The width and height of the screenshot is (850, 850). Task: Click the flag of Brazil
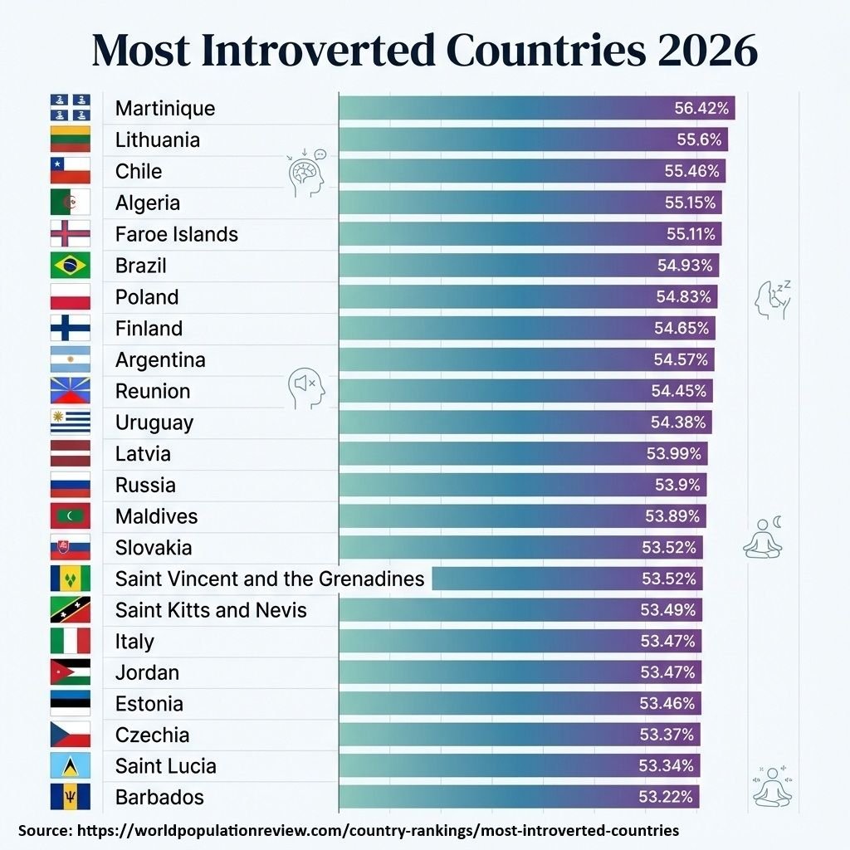pyautogui.click(x=70, y=266)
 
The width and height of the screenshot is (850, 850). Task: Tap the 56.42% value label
pyautogui.click(x=701, y=108)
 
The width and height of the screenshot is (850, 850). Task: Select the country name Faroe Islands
pyautogui.click(x=176, y=234)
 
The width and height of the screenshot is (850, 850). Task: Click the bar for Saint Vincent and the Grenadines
pyautogui.click(x=567, y=579)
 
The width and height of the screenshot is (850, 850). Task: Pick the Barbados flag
pyautogui.click(x=70, y=797)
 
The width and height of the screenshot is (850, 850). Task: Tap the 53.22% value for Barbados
pyautogui.click(x=665, y=797)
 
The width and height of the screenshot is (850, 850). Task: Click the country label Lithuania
pyautogui.click(x=158, y=139)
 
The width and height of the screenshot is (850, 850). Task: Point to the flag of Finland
pyautogui.click(x=70, y=329)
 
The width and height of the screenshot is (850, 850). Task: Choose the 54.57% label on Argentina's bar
pyautogui.click(x=681, y=359)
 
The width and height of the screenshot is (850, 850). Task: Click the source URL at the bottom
pyautogui.click(x=378, y=830)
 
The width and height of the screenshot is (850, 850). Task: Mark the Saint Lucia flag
pyautogui.click(x=70, y=765)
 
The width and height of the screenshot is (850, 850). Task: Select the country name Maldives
pyautogui.click(x=156, y=516)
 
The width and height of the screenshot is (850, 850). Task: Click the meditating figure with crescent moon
pyautogui.click(x=763, y=537)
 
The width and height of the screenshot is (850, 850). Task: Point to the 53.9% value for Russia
pyautogui.click(x=677, y=485)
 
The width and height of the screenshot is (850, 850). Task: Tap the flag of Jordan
pyautogui.click(x=70, y=672)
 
